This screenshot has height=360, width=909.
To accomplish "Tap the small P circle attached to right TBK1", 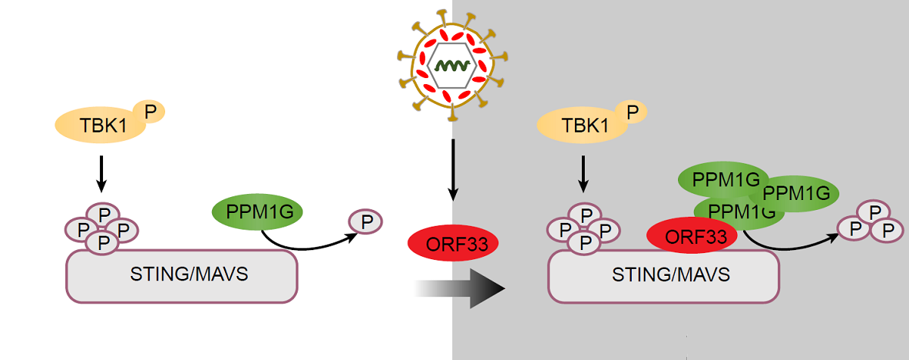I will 631,113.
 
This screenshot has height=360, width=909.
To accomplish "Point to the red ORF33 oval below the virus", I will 453,243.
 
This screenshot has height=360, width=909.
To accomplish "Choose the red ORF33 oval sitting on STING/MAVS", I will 691,236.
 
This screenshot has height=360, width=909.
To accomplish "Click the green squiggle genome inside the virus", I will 453,67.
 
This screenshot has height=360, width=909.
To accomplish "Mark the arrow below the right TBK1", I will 583,174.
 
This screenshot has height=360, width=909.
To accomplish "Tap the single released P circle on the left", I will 365,222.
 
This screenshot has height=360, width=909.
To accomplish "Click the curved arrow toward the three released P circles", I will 788,244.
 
